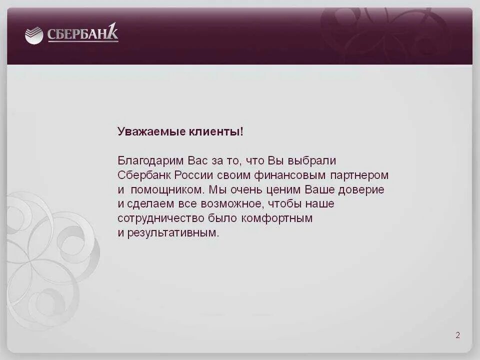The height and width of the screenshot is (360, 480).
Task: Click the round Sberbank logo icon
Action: [x=34, y=36]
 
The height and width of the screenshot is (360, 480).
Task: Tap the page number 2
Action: [x=457, y=335]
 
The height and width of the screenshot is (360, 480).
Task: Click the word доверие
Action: [x=361, y=190]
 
